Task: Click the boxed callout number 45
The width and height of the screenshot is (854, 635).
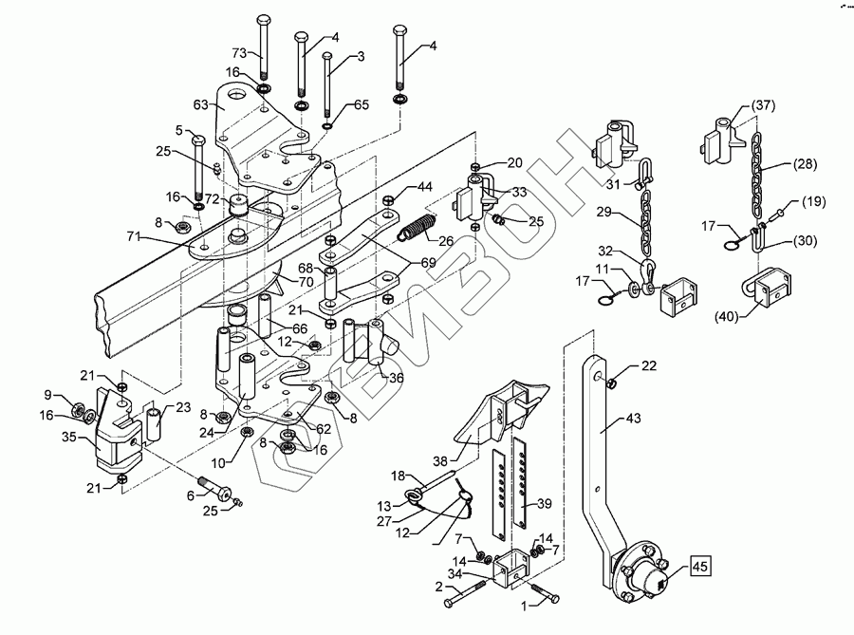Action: (x=700, y=567)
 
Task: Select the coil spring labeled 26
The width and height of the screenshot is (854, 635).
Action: (x=418, y=227)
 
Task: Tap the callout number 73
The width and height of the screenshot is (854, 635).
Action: (x=240, y=53)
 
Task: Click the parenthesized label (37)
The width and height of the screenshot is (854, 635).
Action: (x=763, y=105)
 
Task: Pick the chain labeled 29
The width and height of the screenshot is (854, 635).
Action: (x=645, y=223)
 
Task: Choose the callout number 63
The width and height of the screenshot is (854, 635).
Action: (x=201, y=104)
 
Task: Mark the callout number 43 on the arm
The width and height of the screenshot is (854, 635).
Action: (x=634, y=419)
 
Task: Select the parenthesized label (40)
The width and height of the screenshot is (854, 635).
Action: (x=727, y=316)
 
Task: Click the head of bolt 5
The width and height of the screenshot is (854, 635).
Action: (x=197, y=140)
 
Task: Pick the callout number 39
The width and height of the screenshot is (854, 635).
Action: (x=544, y=504)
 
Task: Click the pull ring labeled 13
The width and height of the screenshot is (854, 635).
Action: (x=413, y=495)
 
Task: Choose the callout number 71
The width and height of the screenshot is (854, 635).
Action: (x=134, y=237)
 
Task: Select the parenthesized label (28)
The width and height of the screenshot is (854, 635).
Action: (x=805, y=164)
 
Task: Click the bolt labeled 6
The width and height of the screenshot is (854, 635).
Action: (x=215, y=489)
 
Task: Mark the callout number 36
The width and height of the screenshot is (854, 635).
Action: (x=396, y=377)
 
